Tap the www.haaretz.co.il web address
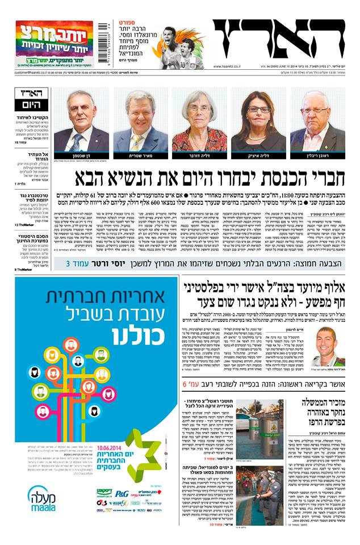(x=229, y=66)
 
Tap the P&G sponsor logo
(x=122, y=493)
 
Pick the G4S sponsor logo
(x=102, y=502)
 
